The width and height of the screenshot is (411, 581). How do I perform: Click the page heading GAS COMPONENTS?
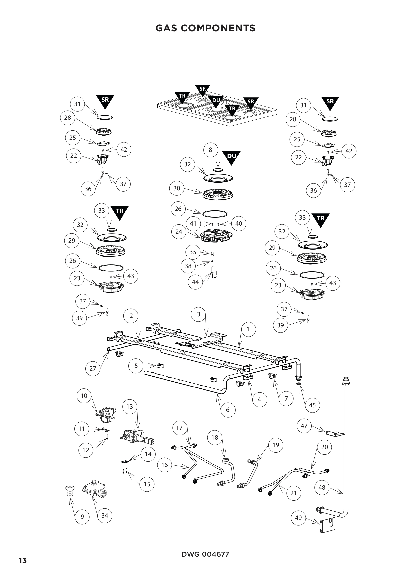point(205,28)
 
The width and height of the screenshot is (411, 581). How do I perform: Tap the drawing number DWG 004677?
point(205,554)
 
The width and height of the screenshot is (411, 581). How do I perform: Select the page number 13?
point(23,561)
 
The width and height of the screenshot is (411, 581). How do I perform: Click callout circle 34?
point(105,515)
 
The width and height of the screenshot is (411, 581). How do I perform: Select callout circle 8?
point(210,150)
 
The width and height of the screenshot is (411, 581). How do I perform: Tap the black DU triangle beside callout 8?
point(231,157)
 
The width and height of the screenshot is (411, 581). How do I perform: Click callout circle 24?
point(179,232)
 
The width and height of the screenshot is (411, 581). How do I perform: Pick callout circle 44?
point(195,282)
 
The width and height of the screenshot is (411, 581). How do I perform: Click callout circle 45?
point(312,405)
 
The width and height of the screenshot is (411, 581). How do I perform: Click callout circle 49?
point(298,518)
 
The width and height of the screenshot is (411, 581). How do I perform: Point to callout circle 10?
point(84,396)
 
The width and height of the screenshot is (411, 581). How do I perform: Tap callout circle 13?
point(129,406)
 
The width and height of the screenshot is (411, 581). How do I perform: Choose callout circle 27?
point(93,368)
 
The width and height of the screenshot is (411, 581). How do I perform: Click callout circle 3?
point(198,314)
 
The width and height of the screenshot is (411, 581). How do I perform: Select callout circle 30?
point(177,188)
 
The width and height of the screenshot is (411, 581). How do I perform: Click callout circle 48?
point(322,487)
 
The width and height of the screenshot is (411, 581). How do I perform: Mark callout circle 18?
point(215,437)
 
